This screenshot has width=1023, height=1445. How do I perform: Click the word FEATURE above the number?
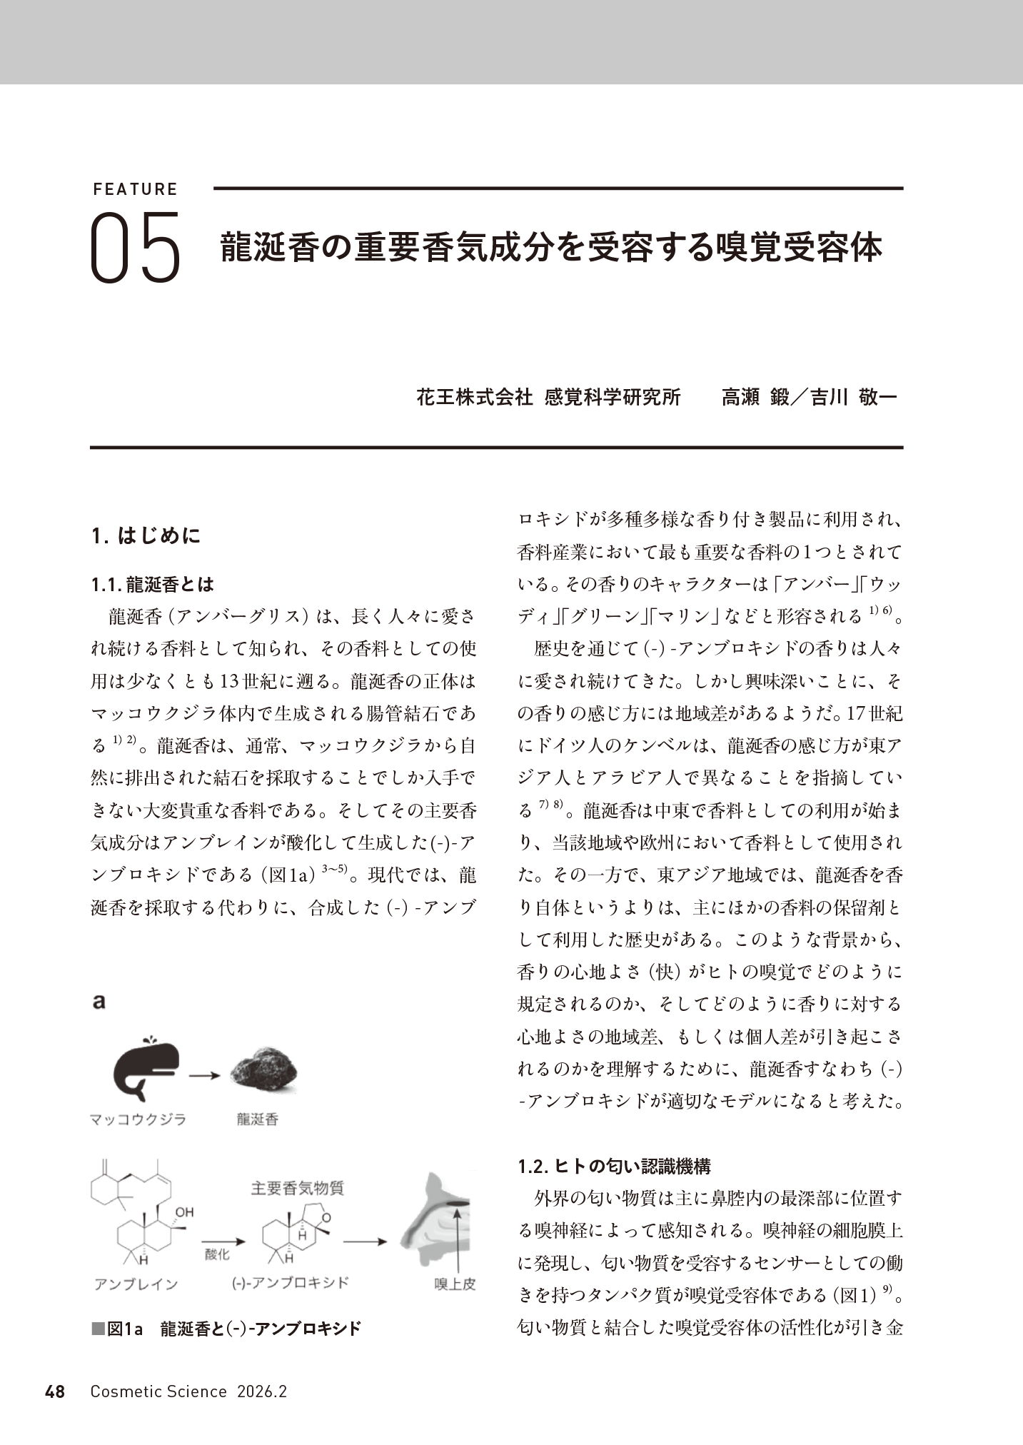[135, 189]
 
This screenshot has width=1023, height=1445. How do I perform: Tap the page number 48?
[55, 1391]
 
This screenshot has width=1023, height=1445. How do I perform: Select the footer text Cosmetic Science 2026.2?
[188, 1391]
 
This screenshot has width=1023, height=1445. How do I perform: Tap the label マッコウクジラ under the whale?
[138, 1119]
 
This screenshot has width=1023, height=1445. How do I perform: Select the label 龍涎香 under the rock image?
[257, 1119]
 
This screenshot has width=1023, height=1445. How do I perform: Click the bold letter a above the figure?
[99, 1002]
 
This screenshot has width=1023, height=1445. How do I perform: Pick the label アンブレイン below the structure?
[136, 1284]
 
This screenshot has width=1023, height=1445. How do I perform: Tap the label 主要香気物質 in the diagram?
[298, 1189]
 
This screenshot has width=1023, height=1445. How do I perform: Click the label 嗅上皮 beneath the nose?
[455, 1284]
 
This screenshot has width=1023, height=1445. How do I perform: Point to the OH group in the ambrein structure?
[184, 1212]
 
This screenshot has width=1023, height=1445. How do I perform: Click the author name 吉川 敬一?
[853, 398]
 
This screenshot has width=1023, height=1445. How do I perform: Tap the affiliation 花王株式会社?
[474, 398]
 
